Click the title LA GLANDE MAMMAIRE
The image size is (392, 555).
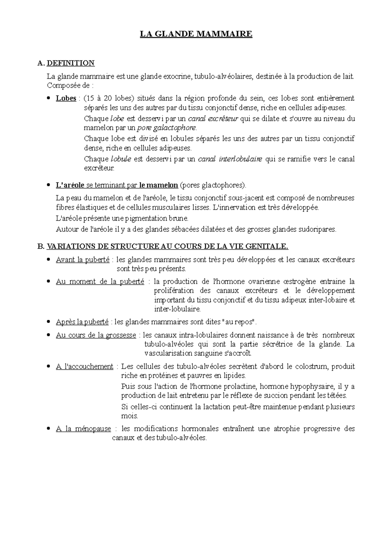tap(196, 34)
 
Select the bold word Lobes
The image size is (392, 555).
tap(66, 98)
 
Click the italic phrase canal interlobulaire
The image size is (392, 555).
tap(230, 159)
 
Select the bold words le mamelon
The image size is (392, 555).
tap(158, 185)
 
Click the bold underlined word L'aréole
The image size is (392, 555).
tap(70, 185)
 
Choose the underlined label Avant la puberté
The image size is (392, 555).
tap(83, 260)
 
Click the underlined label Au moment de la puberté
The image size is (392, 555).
tap(100, 281)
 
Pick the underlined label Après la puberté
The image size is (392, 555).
tap(82, 322)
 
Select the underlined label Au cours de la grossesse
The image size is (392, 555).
tap(96, 335)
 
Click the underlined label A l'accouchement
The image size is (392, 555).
tap(85, 366)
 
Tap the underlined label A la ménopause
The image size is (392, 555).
tap(83, 429)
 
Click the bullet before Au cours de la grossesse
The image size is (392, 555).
tap(49, 335)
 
